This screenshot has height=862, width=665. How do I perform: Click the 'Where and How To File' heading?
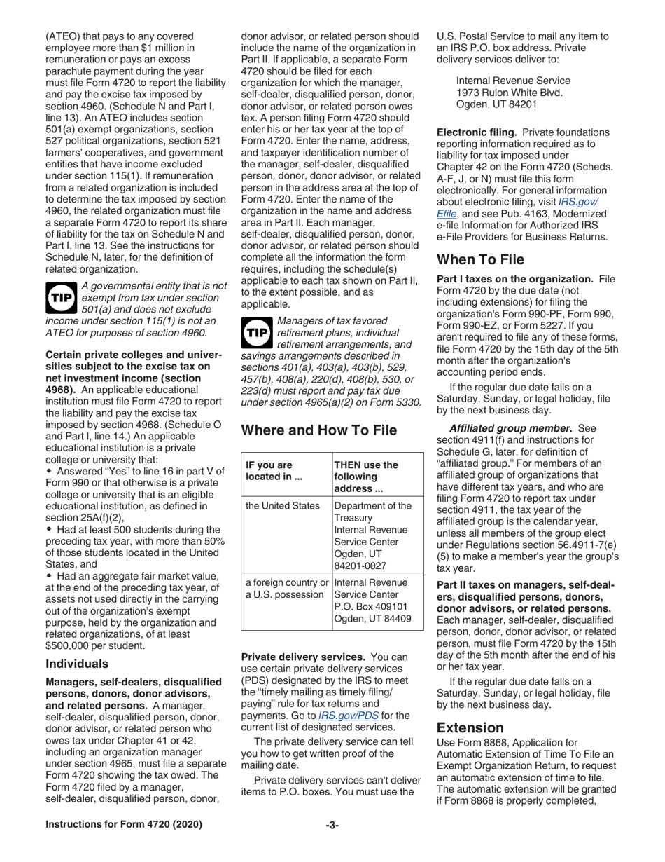click(318, 430)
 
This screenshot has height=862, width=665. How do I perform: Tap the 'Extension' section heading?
click(470, 727)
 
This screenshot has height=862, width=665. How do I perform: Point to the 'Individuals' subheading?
click(77, 663)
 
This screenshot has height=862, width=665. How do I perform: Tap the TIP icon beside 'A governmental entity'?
click(60, 298)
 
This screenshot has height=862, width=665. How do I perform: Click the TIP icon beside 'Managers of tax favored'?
click(256, 333)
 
